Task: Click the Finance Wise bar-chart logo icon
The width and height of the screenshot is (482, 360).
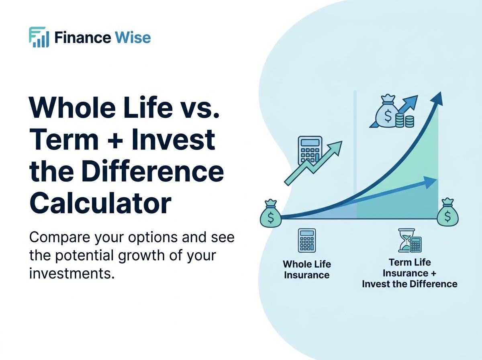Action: pos(39,37)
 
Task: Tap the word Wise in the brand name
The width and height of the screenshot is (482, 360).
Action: pos(133,38)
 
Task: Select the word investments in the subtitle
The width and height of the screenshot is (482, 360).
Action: pos(69,274)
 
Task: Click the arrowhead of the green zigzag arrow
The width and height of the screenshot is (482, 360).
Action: pos(336,147)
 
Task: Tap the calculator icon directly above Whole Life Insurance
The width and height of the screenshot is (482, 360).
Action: pos(307,240)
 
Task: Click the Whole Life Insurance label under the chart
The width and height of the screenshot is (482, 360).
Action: pos(307,270)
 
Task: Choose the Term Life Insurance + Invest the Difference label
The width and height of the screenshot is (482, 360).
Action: pos(409,273)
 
